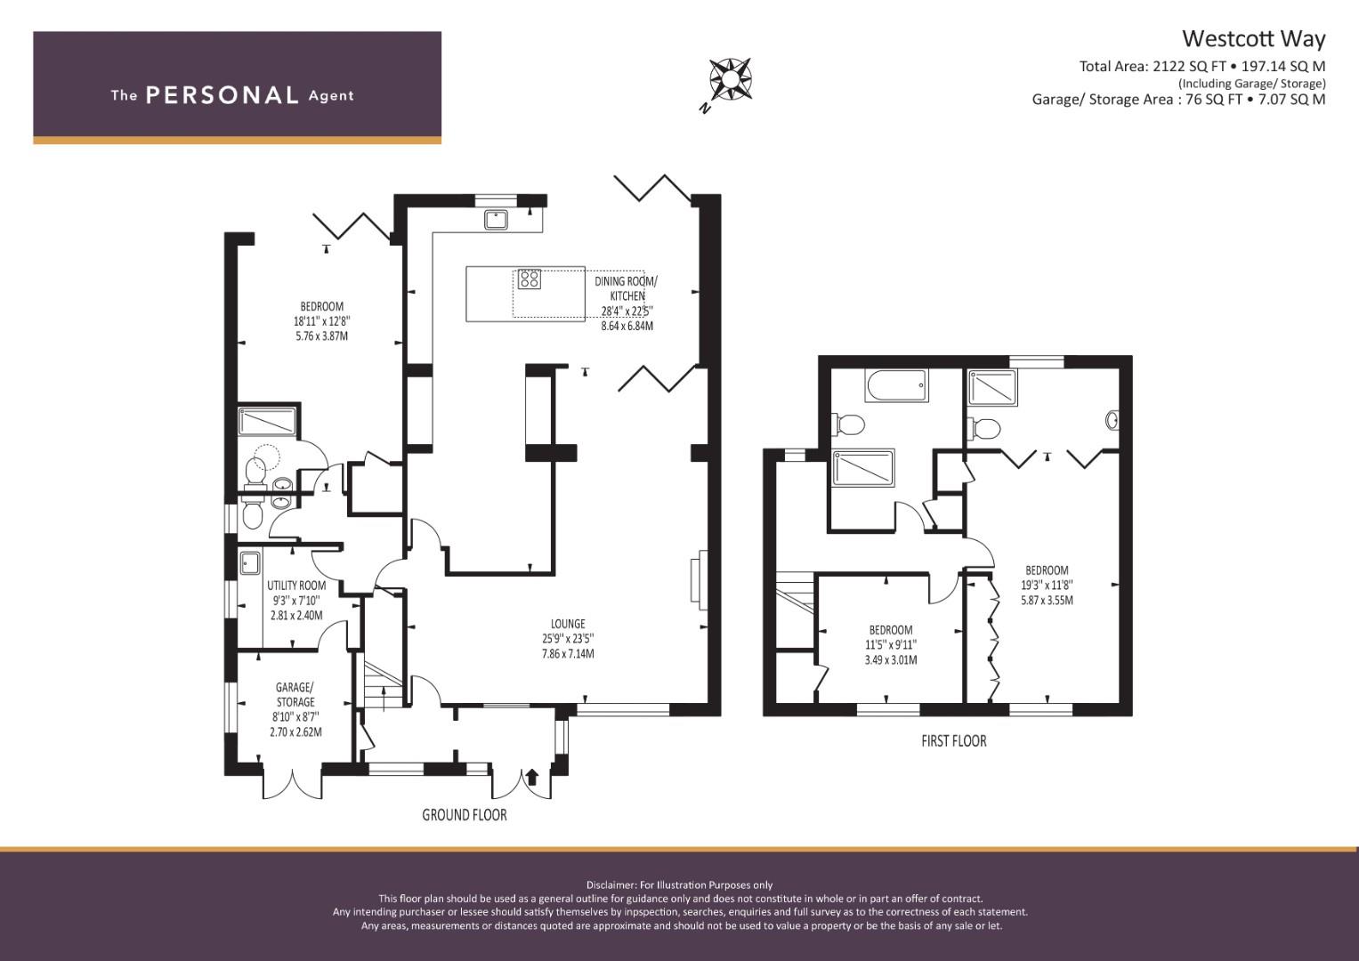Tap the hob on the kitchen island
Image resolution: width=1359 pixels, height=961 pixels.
point(529,279)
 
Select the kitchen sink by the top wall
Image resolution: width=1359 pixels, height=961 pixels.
point(497,219)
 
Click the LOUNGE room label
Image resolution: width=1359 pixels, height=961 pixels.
point(568,624)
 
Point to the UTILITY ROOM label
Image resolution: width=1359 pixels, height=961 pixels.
point(296,585)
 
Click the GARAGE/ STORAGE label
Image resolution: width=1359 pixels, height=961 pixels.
point(295,695)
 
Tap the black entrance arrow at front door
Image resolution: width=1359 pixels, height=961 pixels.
point(532,777)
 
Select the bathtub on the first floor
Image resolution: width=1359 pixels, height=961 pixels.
point(897,385)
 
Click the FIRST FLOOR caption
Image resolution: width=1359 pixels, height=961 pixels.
point(954,740)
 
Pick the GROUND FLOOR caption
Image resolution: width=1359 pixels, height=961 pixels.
point(464,815)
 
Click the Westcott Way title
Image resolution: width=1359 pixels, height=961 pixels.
point(1253,39)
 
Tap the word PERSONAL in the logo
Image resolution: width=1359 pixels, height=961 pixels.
point(222,95)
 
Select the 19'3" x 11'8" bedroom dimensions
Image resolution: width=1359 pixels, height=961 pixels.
point(1047,585)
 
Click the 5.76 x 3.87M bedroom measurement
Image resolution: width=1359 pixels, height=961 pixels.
point(321,336)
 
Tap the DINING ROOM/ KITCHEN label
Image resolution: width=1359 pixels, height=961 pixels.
point(627,289)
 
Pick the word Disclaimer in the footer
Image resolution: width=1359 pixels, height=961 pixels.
point(611,885)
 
